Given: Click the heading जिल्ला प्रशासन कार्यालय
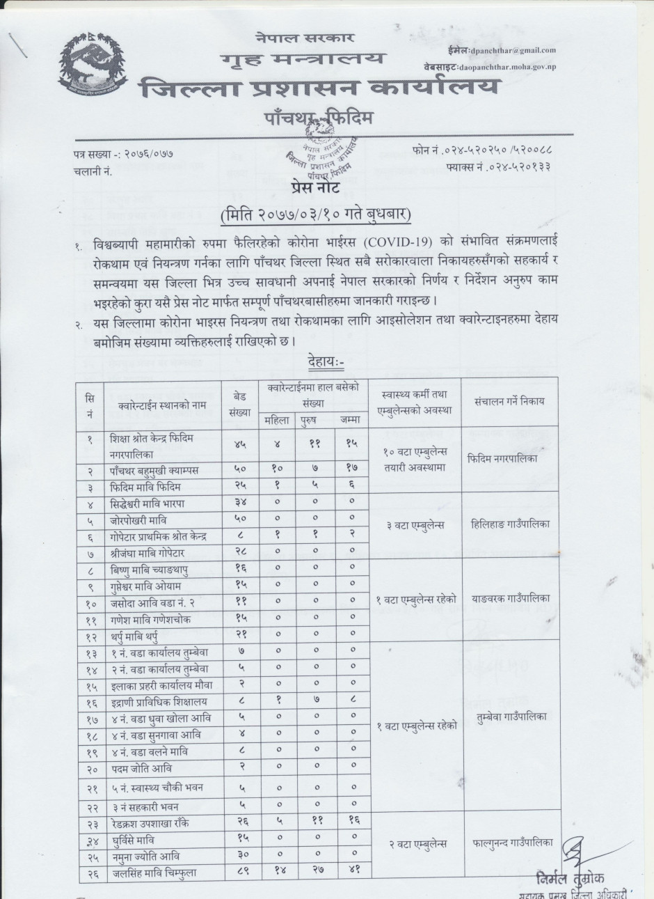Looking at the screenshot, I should coord(319,89).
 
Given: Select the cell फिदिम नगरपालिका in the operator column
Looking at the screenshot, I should coord(503,460).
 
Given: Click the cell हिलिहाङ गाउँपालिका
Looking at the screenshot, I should coord(511,524).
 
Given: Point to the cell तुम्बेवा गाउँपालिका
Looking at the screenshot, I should coord(511,717).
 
